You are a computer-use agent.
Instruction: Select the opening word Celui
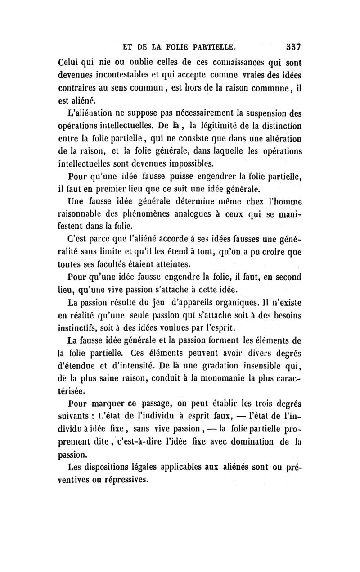point(72,63)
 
